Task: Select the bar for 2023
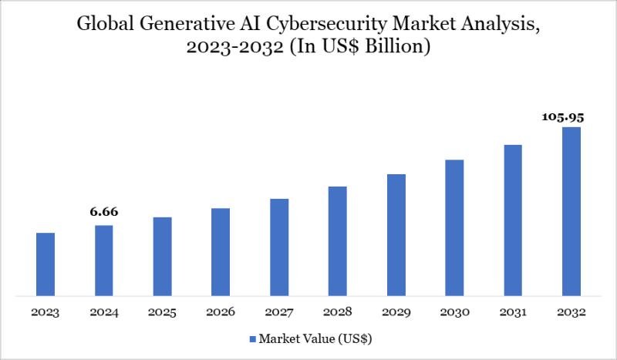46,264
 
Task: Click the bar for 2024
104,260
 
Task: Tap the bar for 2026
221,251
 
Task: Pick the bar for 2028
337,241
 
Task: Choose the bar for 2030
454,227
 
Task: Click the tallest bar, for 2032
571,210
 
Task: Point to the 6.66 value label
103,211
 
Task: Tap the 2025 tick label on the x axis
162,313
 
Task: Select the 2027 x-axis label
279,313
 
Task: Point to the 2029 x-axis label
396,313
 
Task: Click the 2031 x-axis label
513,313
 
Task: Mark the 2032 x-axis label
571,313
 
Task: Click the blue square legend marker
252,338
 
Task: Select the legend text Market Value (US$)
316,338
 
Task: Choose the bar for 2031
513,220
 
